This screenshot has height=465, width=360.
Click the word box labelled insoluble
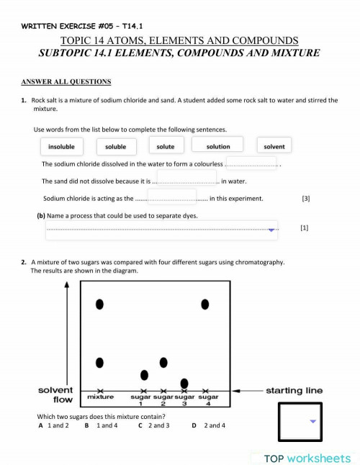point(61,147)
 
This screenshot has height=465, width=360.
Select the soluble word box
point(115,147)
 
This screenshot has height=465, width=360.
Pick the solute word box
point(166,147)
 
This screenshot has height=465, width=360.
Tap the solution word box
point(217,146)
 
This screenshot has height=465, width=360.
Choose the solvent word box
point(274,147)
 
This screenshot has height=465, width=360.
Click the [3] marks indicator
point(306,198)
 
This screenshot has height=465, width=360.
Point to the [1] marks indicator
point(304,227)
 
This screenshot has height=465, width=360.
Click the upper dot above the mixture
point(100,305)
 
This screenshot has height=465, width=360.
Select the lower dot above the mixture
point(100,361)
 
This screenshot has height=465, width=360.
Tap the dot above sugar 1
point(144,374)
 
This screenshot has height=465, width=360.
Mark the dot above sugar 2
point(163,361)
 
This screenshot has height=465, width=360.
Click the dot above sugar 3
point(184,383)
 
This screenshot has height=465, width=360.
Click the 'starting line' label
point(294,391)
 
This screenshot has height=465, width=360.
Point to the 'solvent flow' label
point(56,394)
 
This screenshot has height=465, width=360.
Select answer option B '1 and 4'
point(100,425)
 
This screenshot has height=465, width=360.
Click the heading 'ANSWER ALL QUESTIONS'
point(66,81)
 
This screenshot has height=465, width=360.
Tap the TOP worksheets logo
point(307,458)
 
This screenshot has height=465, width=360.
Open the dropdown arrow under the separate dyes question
point(271,230)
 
